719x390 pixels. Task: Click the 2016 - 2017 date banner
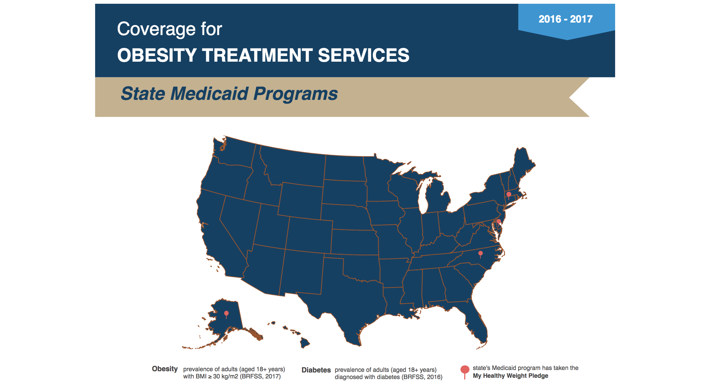(x=565, y=19)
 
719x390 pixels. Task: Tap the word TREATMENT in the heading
(x=257, y=55)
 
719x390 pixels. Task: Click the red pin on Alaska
(x=226, y=314)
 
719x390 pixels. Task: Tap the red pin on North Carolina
(x=481, y=254)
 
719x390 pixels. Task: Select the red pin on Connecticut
(x=509, y=195)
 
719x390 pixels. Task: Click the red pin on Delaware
(x=499, y=222)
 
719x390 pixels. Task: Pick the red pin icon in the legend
(x=465, y=370)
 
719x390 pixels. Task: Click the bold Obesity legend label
(x=165, y=369)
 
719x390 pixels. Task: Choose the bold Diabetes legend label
(x=316, y=370)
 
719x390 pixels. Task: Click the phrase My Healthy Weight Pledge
(x=510, y=376)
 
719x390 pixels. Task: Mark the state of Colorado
(x=309, y=234)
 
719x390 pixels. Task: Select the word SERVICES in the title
(x=364, y=55)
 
